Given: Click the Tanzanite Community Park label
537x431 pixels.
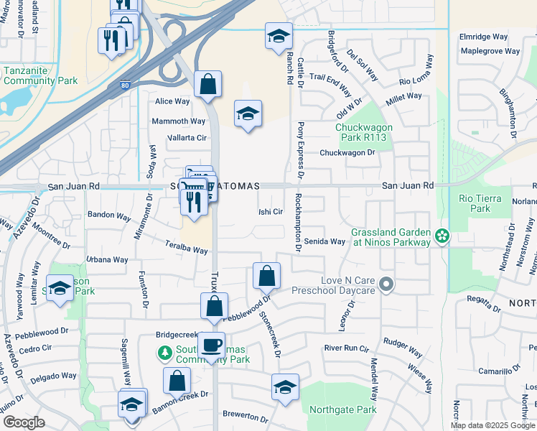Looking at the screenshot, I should pos(39,75).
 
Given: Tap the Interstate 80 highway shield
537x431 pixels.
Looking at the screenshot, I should pos(126,86).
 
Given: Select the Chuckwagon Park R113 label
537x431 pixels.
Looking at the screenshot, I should pos(361,133).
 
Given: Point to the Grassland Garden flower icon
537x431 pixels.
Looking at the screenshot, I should pos(443,235).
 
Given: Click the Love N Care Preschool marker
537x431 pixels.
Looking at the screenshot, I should pos(386,285).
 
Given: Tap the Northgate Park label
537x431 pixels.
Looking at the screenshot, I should pos(342,410).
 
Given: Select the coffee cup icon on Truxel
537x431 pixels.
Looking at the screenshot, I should pos(212,345).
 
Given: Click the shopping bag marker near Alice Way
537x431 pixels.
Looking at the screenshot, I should pos(207,85).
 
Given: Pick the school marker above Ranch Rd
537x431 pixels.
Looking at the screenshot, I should pos(279,37).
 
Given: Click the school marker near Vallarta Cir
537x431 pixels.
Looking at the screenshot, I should pos(248,113).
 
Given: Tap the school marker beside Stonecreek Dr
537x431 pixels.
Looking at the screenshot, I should pos(285,387).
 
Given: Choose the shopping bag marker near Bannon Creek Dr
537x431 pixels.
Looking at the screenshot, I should pos(177,380).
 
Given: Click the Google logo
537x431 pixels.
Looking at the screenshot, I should pos(24,422).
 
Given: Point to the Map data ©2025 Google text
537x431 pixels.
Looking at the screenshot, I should pos(492,425).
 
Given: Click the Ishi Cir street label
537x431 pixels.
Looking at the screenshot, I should pos(271,212).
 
